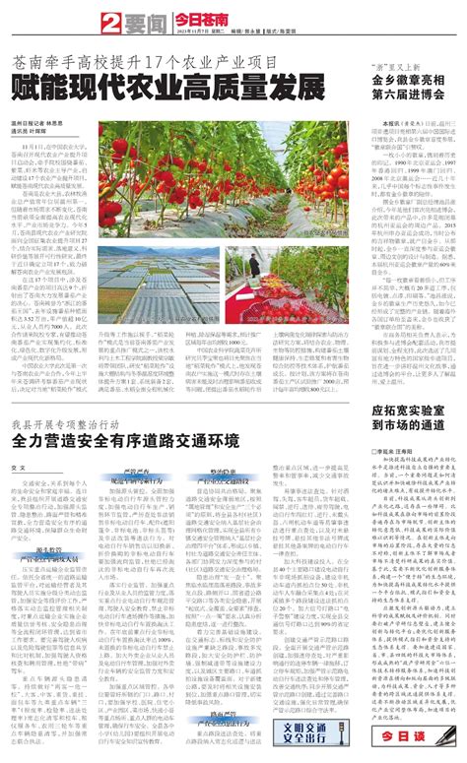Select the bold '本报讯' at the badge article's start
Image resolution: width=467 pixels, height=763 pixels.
tap(398, 121)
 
